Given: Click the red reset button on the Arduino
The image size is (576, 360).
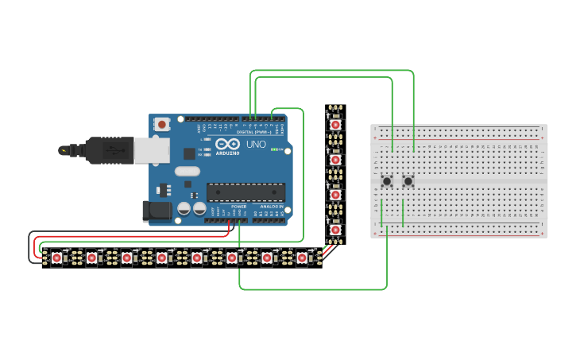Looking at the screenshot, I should [x=163, y=124].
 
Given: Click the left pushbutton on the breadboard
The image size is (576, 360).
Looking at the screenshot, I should [x=387, y=181].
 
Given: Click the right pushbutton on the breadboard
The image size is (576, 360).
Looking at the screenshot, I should [x=408, y=181].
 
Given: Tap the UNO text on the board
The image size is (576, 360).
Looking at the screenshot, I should [x=257, y=145].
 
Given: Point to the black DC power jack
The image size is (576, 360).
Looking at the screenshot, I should [x=157, y=211].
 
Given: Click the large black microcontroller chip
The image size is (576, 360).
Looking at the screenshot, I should [x=245, y=192].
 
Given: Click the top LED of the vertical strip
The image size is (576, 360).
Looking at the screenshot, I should [x=336, y=125].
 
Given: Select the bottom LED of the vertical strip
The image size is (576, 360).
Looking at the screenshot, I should [x=336, y=230].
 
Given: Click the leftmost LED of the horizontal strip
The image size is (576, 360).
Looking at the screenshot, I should [x=56, y=257].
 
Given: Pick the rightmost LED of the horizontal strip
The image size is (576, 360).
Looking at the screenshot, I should [x=302, y=257].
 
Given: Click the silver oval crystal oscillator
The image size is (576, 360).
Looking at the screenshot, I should [x=187, y=171].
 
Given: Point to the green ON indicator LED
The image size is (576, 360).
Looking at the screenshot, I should [x=275, y=149].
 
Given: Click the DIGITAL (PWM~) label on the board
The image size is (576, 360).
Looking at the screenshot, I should [x=257, y=132].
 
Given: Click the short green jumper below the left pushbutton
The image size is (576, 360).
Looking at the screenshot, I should [x=382, y=212].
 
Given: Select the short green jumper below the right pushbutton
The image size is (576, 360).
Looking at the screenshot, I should [x=403, y=213].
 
